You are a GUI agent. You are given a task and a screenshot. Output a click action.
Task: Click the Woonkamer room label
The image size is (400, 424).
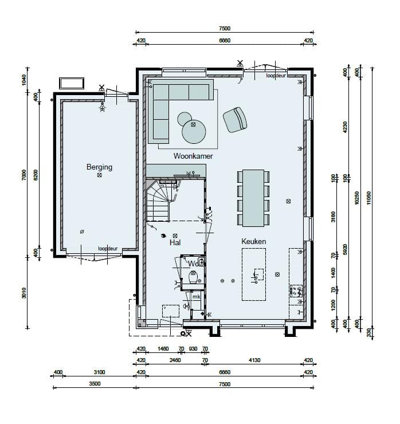click(194, 156)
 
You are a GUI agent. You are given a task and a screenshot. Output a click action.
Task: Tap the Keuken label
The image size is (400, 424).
click(254, 242)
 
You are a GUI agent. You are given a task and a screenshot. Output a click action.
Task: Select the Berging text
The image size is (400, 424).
click(99, 167)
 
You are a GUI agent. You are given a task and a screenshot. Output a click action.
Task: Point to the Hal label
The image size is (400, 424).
click(175, 243)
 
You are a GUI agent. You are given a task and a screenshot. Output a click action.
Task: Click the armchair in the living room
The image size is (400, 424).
click(235, 119)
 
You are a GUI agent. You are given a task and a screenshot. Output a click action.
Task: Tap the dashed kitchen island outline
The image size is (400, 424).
click(254, 277)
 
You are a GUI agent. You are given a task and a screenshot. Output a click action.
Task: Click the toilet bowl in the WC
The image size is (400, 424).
click(194, 278)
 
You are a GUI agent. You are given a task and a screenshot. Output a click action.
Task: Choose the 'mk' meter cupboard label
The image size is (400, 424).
click(196, 297)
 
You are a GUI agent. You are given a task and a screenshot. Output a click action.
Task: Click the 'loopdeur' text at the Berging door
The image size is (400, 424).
click(107, 249)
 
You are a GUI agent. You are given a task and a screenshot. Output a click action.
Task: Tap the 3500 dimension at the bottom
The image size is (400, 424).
click(95, 384)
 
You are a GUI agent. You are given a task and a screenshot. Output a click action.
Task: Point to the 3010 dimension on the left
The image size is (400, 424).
click(24, 292)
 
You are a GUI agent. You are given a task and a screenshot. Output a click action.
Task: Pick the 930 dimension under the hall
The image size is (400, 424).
click(193, 348)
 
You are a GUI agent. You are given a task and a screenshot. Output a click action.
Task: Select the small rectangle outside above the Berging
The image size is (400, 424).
click(72, 83)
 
